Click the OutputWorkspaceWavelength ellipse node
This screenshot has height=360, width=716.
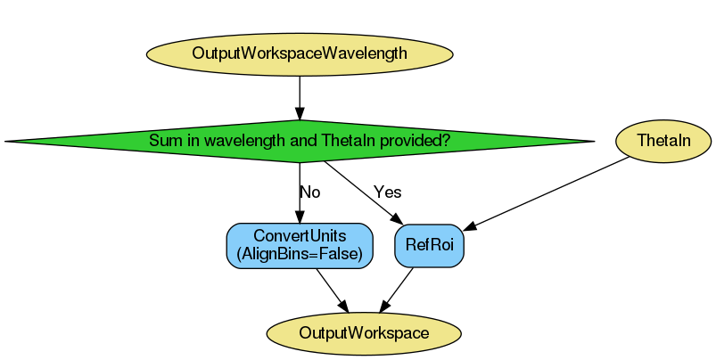point(300,53)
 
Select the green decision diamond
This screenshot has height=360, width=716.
point(300,141)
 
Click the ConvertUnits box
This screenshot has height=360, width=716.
point(300,245)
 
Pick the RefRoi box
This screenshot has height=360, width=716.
point(429,245)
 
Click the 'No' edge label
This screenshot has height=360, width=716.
point(309,192)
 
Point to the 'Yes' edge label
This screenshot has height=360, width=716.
point(388,192)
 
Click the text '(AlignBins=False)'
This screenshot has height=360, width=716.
point(300,254)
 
